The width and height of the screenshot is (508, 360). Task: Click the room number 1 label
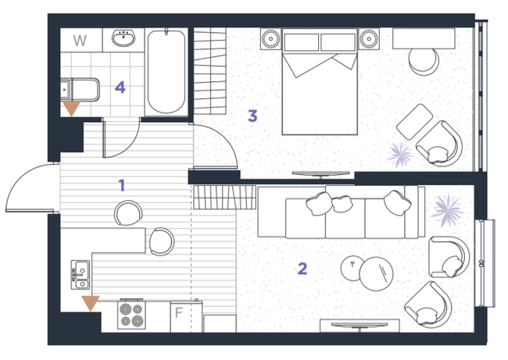click(122, 185)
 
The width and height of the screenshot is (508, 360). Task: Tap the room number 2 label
click(302, 269)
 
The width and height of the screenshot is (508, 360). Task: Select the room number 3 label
click(252, 116)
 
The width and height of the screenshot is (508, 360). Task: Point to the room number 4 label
click(120, 87)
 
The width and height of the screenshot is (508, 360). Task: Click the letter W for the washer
click(80, 41)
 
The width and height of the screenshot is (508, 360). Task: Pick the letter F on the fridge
click(179, 312)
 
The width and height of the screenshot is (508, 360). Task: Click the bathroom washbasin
click(123, 38)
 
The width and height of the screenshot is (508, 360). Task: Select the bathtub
click(166, 72)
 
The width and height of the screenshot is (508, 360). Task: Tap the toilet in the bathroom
click(80, 89)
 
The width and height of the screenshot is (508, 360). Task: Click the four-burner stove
click(131, 315)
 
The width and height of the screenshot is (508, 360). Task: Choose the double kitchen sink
click(80, 275)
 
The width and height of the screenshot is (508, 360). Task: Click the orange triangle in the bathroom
click(71, 109)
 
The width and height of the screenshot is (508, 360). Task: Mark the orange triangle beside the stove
click(91, 303)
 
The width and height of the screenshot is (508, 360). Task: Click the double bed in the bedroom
click(320, 81)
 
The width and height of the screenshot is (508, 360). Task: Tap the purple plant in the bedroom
click(400, 155)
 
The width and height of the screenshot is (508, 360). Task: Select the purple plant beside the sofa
click(447, 210)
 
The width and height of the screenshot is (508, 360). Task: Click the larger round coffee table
click(376, 274)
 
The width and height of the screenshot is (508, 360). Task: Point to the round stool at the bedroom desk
click(424, 61)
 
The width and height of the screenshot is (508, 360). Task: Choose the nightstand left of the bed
click(271, 39)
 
